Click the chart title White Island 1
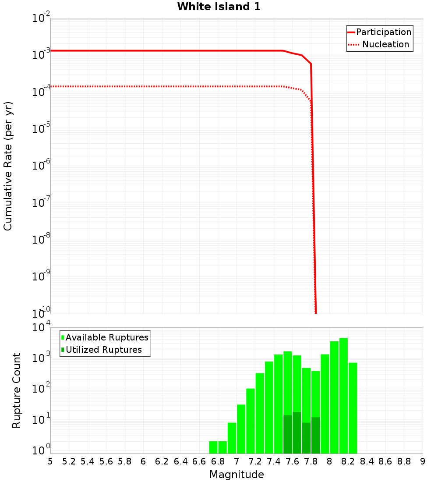coord(219,7)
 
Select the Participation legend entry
coord(383,32)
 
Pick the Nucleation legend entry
coord(385,45)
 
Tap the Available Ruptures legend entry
coord(107,338)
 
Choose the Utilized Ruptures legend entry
coord(103,350)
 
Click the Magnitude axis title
coord(237,475)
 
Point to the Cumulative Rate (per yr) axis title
coord(8,166)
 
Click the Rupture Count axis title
coord(17,390)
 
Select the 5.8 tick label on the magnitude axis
coord(125,461)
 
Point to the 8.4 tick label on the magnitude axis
coord(367,461)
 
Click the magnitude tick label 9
coord(422,461)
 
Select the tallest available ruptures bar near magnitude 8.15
coord(343,394)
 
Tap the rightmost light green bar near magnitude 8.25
coord(353,408)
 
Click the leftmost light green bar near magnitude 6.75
coord(213,447)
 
